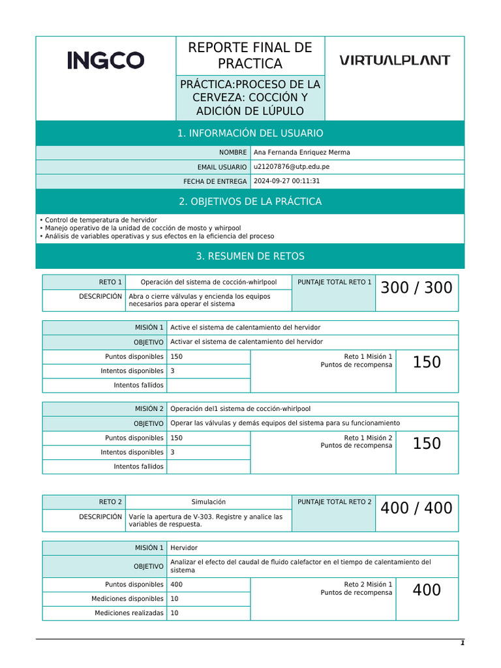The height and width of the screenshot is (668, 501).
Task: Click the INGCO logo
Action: pos(106,61)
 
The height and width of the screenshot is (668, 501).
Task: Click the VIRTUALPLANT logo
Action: pos(395,60)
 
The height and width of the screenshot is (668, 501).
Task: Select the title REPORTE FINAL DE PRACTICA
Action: pos(250,55)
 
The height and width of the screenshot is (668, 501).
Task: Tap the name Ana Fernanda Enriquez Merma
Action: pos(301,152)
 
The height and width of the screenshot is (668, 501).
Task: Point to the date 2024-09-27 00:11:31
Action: pos(286,181)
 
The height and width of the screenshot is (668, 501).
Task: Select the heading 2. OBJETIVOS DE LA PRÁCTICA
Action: pos(250,202)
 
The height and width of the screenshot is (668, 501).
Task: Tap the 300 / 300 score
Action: pos(416,288)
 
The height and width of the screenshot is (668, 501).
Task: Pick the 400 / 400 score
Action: pos(416,508)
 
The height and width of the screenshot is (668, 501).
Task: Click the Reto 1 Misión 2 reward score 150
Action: pos(427,444)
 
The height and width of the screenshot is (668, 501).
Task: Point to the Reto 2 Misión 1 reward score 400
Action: pos(427,590)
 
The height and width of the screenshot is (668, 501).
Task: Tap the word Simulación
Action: pos(208,502)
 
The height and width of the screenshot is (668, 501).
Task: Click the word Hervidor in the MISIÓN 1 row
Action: pos(184,548)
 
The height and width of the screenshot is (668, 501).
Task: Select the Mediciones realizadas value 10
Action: pos(174,613)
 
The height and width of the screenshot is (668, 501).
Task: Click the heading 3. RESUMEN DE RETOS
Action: pos(250,256)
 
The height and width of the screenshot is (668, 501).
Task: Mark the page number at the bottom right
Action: pos(462,643)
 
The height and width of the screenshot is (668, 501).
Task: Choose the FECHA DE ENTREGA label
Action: pos(215,181)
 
